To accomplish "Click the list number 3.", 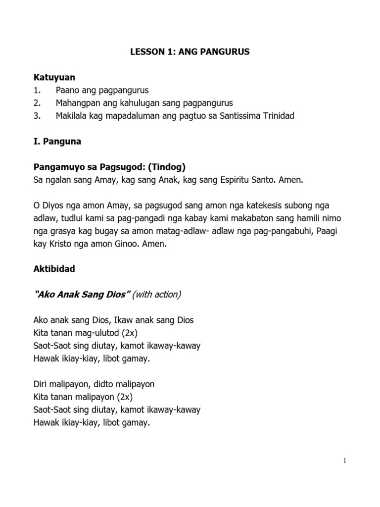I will [37, 116].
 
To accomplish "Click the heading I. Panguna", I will [57, 142].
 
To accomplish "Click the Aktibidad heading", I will [54, 270].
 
